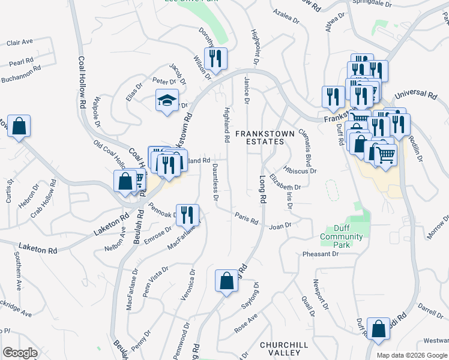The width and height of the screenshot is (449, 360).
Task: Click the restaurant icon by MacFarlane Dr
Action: (188, 215)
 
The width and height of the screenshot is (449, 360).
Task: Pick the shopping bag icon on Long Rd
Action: (226, 281)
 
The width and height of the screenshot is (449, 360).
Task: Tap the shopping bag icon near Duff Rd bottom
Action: (378, 329)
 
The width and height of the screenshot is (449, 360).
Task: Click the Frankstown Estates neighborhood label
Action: (259, 137)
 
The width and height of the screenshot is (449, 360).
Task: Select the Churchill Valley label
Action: (284, 349)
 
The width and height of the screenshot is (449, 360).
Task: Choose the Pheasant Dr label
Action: (321, 254)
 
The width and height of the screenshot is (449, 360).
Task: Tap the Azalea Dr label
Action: (285, 16)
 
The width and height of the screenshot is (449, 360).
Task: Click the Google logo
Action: (20, 353)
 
